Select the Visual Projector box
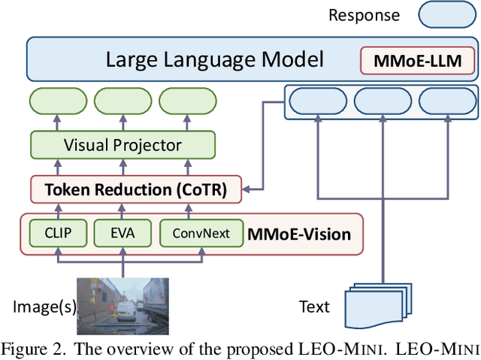click(123, 144)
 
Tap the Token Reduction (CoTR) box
click(138, 189)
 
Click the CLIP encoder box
click(59, 233)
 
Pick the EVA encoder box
click(122, 233)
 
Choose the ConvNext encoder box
click(201, 233)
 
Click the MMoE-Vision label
click(299, 234)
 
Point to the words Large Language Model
click(214, 59)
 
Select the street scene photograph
click(123, 306)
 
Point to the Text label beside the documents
click(313, 306)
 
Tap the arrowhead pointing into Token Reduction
click(251, 189)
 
